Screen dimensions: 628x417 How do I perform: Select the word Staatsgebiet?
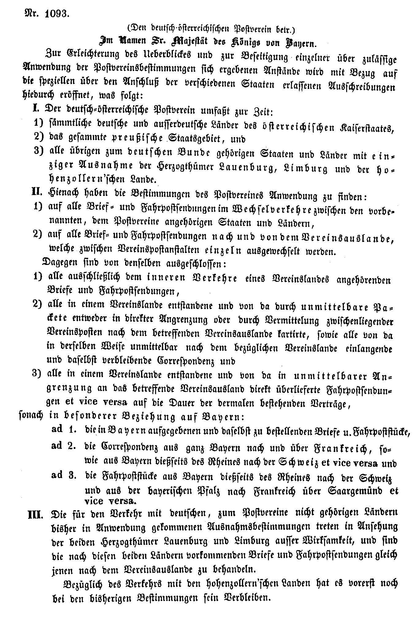195,140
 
